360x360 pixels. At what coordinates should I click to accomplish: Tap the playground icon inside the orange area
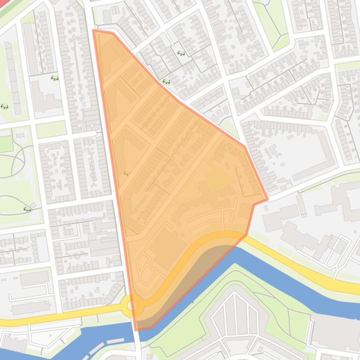126,173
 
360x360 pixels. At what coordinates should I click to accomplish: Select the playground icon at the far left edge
5,107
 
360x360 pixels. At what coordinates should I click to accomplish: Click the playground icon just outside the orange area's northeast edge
166,82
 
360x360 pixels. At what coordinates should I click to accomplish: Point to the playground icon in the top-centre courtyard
181,53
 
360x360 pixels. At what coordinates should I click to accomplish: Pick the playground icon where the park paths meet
27,209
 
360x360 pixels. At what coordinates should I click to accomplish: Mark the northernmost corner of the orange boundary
94,31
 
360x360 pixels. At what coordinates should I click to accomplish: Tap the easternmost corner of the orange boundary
267,200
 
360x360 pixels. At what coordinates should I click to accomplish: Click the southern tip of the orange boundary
137,329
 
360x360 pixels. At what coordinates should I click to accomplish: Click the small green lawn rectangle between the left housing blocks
51,129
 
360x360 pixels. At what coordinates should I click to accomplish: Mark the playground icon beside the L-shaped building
55,78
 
